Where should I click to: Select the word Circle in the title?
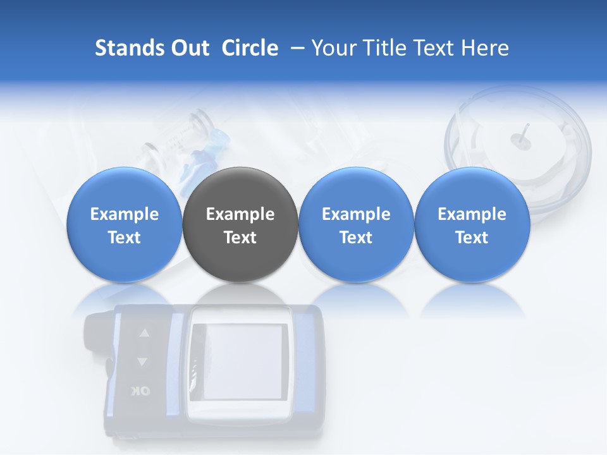[x=250, y=48]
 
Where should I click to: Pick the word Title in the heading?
[x=386, y=48]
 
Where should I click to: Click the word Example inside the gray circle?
[x=240, y=214]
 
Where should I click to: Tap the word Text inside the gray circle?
[x=240, y=238]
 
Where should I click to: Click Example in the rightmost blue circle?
[x=472, y=214]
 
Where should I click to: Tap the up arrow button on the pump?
[x=144, y=333]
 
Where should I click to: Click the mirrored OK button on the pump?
[x=141, y=391]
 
